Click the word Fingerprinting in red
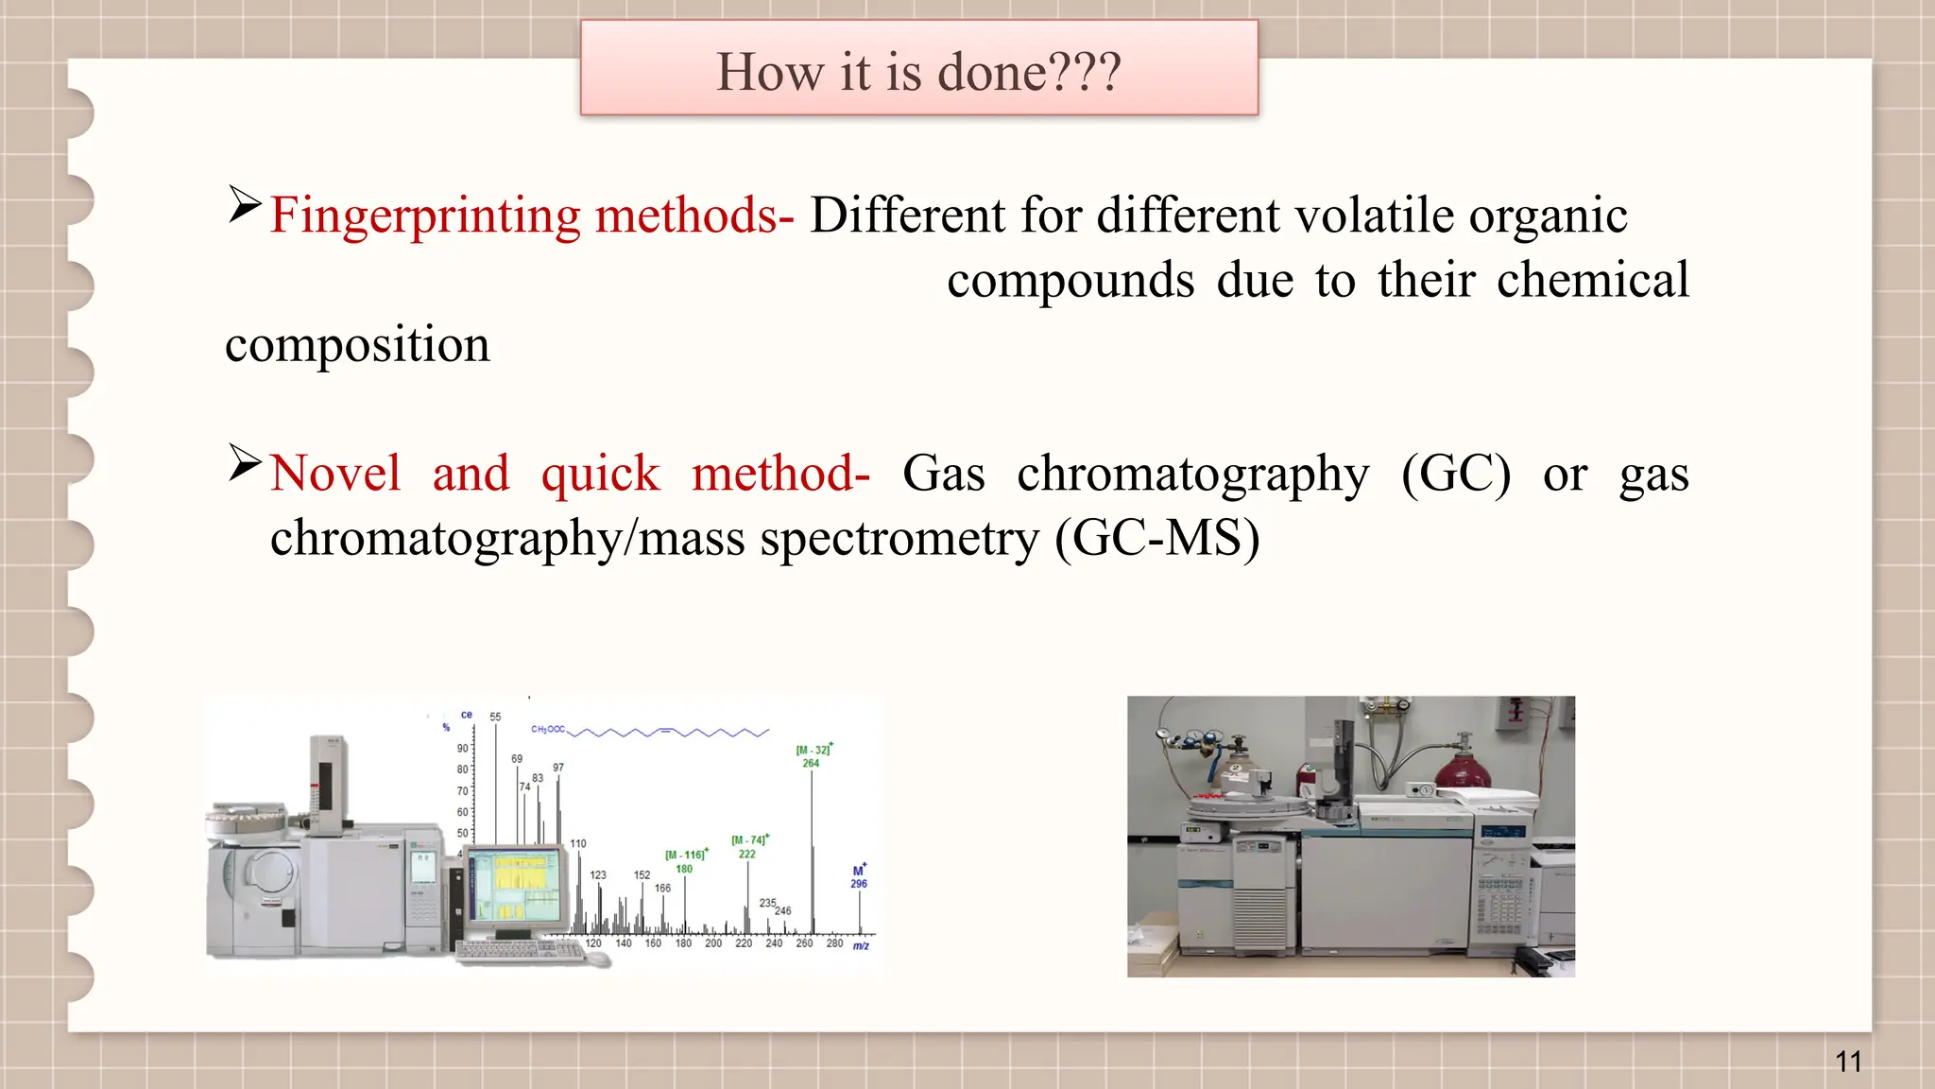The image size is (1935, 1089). point(425,216)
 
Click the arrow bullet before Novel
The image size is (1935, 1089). point(245,463)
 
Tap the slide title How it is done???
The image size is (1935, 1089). point(918,72)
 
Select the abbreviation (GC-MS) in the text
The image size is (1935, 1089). point(1157,539)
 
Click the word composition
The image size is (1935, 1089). point(357,344)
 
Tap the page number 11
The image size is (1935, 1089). point(1848,1062)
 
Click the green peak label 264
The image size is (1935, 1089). point(811,763)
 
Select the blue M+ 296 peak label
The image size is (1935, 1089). point(858,877)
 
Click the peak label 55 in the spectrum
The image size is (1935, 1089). point(495,717)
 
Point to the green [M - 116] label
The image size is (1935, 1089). point(685,855)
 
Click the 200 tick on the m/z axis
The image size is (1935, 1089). point(713,943)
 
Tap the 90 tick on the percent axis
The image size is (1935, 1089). point(462,748)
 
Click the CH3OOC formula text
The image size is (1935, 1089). point(548,729)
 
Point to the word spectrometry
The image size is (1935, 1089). point(899,539)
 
